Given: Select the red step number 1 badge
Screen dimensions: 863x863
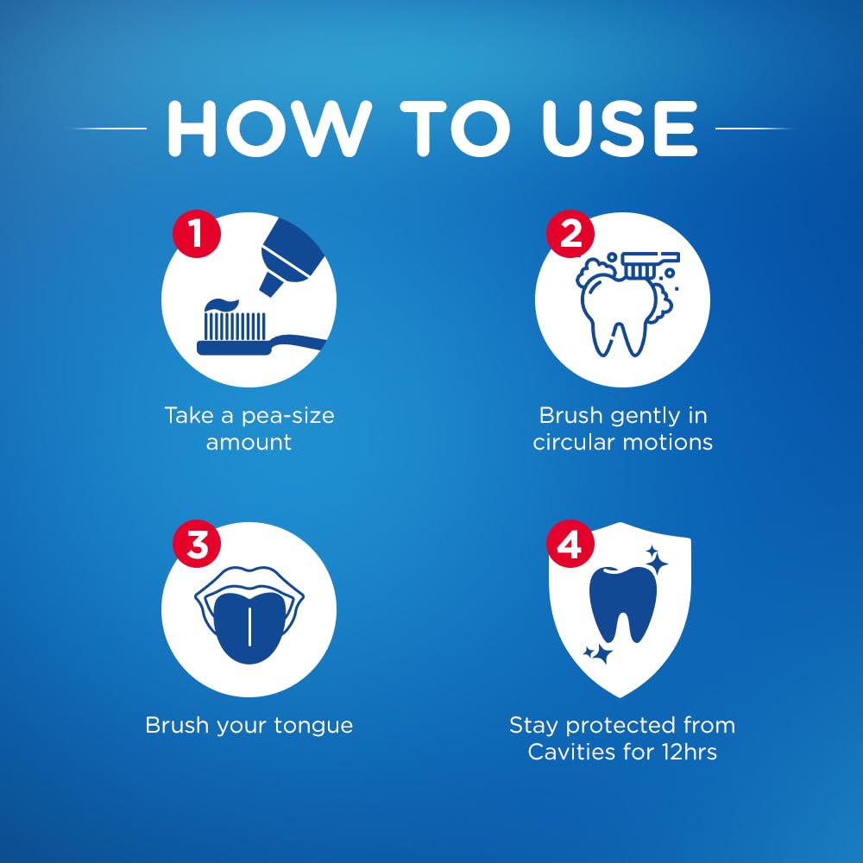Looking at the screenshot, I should pos(198,235).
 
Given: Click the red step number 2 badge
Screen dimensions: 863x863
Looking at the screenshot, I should pos(570,235).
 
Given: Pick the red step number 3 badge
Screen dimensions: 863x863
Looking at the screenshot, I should pos(198,545).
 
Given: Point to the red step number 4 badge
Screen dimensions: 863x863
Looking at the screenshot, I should pos(570,545).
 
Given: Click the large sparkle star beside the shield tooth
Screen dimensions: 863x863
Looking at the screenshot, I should pos(658,564).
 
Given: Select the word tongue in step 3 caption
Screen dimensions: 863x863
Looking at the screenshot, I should pos(316,725).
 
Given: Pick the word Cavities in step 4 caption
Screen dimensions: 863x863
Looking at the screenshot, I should pos(570,752).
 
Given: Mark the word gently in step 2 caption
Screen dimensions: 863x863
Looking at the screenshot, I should pos(639,416).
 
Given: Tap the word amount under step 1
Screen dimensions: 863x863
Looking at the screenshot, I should pos(249,443).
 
